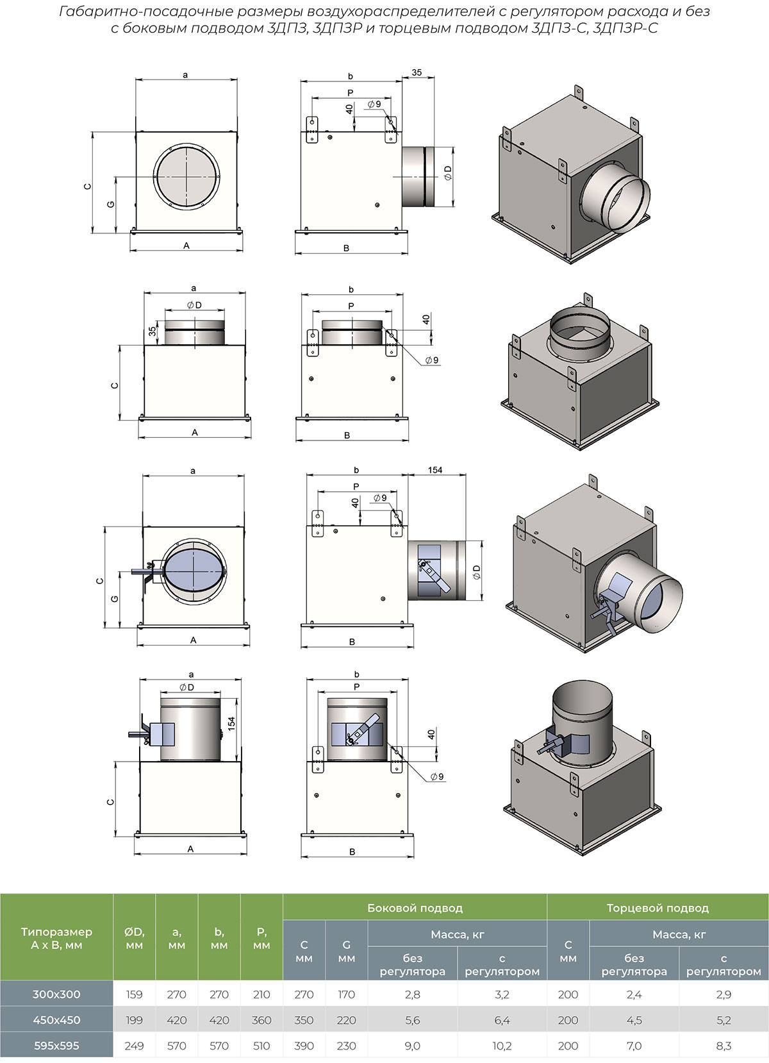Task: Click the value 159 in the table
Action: click(134, 994)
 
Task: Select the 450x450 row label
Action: click(56, 1020)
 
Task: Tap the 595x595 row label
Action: click(56, 1046)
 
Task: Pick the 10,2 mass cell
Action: click(502, 1046)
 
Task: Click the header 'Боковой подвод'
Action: click(415, 908)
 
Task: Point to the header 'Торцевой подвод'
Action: click(657, 908)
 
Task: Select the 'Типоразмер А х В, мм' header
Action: click(56, 938)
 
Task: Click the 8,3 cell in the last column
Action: click(724, 1046)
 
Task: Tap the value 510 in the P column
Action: click(261, 1046)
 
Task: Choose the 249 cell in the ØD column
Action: click(134, 1046)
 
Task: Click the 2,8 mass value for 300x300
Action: click(413, 994)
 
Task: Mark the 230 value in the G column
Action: click(346, 1046)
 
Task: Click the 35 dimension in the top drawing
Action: click(417, 72)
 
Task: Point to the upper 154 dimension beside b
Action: click(435, 470)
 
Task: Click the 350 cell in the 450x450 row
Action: click(304, 1020)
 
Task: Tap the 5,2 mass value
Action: click(724, 1020)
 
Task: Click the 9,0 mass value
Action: click(413, 1046)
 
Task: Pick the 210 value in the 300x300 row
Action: click(261, 994)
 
